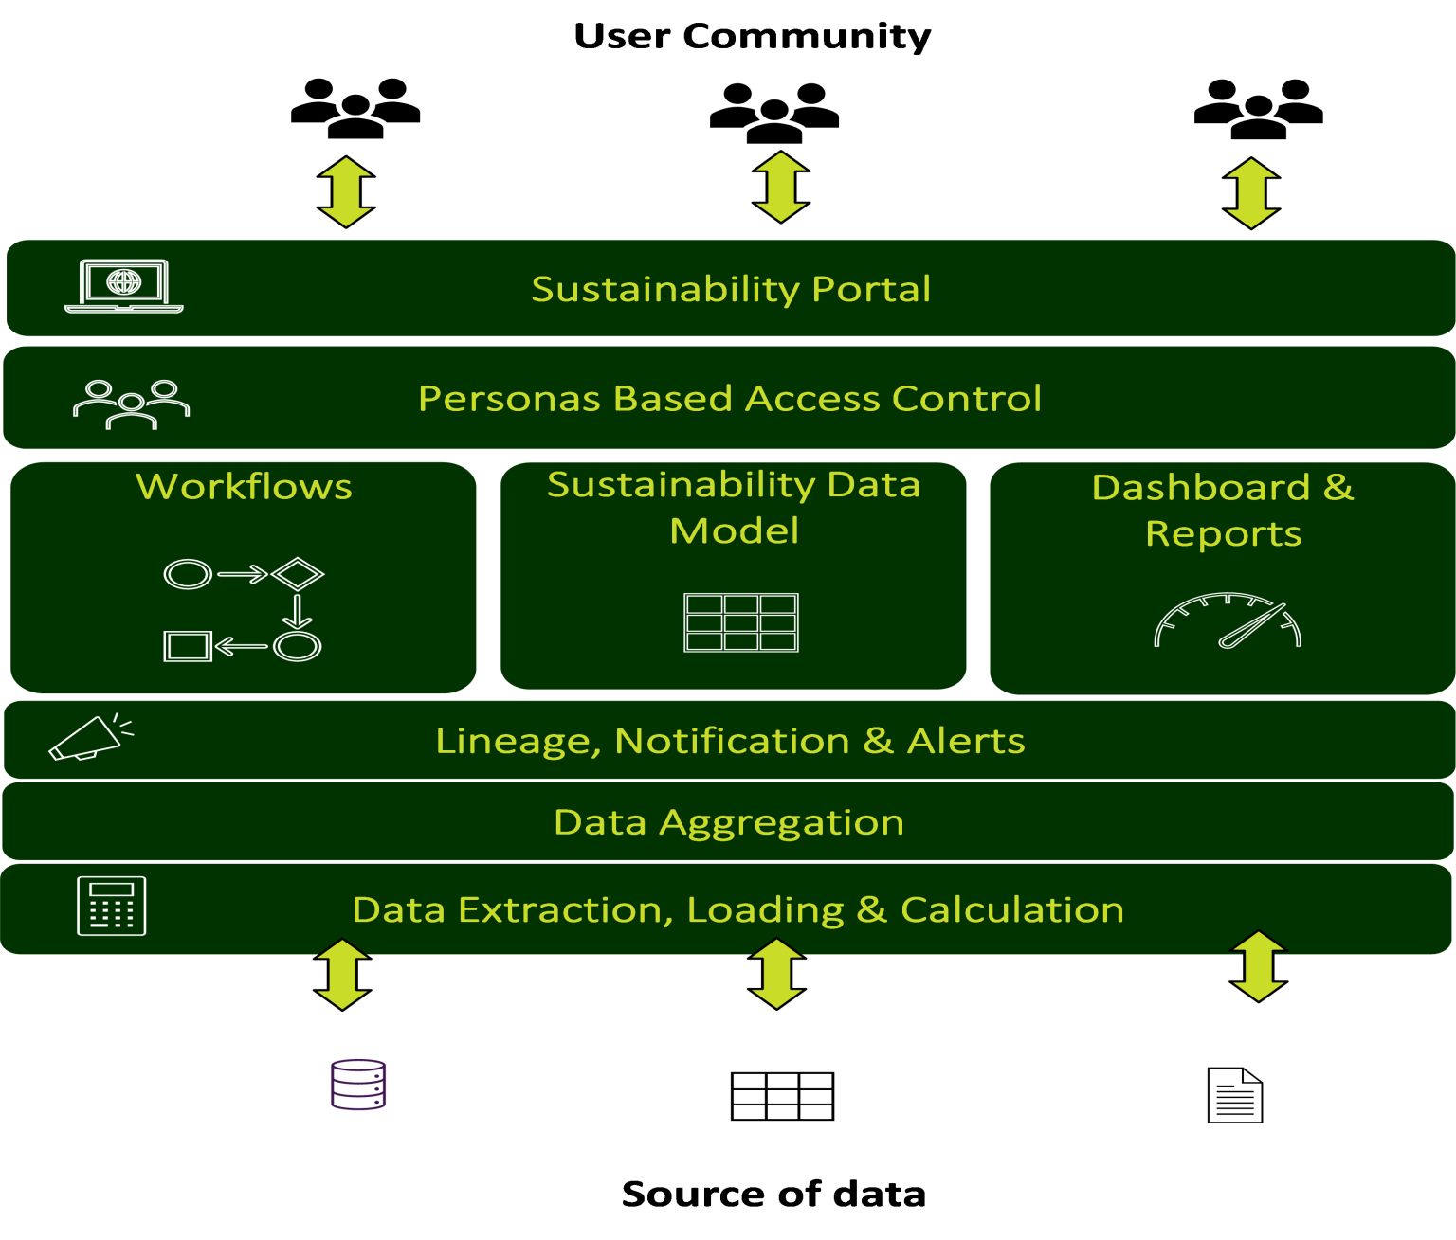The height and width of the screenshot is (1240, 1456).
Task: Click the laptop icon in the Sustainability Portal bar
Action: click(x=123, y=286)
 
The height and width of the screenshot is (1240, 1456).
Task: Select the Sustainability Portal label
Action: click(x=731, y=289)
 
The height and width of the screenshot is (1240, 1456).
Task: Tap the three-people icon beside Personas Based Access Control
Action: click(x=131, y=404)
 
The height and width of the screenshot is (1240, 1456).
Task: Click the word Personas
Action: click(x=509, y=399)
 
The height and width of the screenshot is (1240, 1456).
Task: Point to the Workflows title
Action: click(x=244, y=487)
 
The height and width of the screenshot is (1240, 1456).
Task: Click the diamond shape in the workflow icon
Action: click(x=298, y=573)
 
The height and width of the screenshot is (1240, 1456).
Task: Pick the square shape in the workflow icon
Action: click(x=187, y=646)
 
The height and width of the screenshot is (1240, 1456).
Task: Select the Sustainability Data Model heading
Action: click(x=734, y=507)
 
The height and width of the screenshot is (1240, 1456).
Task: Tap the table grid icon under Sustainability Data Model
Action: click(x=741, y=622)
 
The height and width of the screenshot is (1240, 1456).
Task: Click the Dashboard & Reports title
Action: click(x=1223, y=510)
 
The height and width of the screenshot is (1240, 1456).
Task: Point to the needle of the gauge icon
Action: click(x=1252, y=626)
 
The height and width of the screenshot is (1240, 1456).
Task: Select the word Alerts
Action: click(x=966, y=741)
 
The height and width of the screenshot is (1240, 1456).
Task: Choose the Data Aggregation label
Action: click(x=728, y=822)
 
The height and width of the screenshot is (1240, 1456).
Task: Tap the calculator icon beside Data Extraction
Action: click(x=112, y=906)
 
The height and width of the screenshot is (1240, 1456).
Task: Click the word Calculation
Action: click(x=1011, y=909)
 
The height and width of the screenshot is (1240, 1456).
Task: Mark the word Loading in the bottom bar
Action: click(x=764, y=909)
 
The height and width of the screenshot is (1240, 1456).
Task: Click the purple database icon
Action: click(x=358, y=1085)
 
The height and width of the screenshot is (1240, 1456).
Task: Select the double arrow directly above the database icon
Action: click(x=342, y=974)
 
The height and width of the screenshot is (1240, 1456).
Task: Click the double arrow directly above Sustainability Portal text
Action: click(x=781, y=187)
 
